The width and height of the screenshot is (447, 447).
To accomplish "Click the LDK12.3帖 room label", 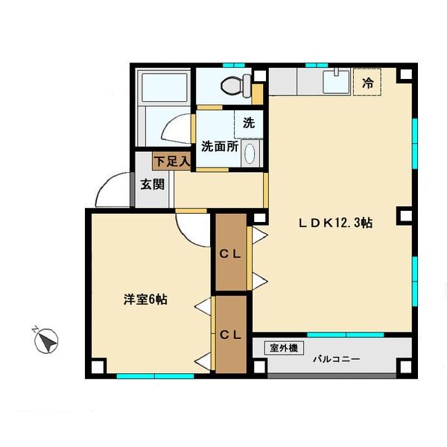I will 335,223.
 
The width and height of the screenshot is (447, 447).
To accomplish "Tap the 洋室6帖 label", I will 145,299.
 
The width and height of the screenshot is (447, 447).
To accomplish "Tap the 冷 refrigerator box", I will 367,83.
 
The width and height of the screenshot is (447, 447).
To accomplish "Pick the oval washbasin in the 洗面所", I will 250,153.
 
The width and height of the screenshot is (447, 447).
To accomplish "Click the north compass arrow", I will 48,341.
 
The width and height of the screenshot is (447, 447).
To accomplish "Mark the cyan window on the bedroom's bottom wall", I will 155,375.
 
